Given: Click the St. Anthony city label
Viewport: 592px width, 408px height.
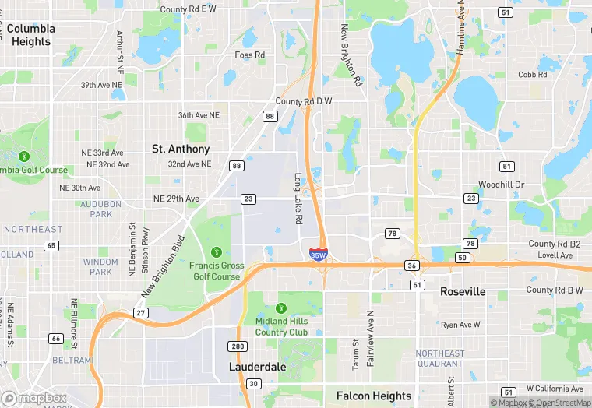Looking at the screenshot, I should pos(181,149).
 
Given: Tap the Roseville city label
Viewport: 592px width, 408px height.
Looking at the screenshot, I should pos(463,291).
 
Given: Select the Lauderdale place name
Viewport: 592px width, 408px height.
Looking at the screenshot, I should pos(257,366).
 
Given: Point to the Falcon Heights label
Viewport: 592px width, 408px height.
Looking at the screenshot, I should pos(374,396).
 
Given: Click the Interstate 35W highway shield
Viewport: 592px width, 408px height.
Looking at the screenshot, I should pos(319,254).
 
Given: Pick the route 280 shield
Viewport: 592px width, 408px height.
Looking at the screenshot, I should pos(238,346).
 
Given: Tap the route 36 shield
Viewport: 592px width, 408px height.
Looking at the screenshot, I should pos(412,266).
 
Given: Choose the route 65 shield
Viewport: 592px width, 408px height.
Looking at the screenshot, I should pos(51,245).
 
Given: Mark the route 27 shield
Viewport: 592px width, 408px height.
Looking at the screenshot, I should pos(141,312).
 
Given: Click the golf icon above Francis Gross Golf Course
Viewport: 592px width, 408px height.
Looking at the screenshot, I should pos(216,251).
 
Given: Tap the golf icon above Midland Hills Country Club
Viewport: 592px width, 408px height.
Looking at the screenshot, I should pos(281,307).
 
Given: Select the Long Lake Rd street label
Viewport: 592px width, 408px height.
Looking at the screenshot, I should pos(298,199).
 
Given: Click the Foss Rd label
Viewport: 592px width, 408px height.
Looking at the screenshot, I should pos(250,55).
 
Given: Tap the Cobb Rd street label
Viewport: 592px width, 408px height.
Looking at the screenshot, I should pos(533,75).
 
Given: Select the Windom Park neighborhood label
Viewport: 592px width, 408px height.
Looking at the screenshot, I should pos(100,267).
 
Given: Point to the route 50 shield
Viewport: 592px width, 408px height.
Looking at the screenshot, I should pos(463,257).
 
